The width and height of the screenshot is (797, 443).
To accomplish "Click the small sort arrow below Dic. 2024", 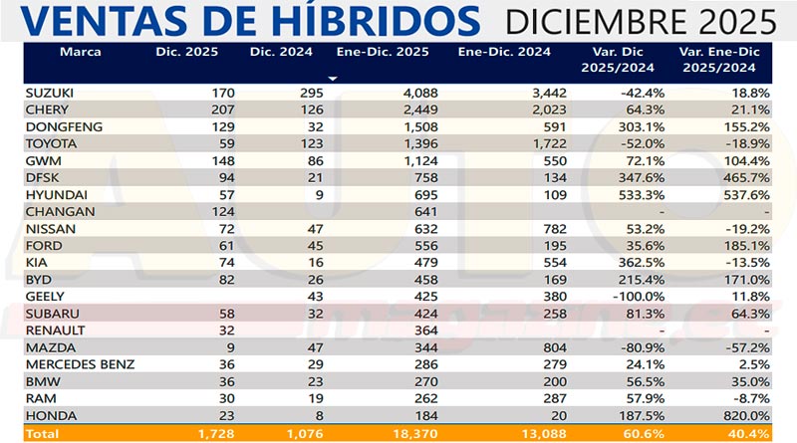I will tap(334, 77).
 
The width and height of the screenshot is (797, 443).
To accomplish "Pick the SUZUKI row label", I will tap(49, 92).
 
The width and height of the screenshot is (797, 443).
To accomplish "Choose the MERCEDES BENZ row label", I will tap(80, 364).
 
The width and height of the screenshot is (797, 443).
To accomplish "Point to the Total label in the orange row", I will tap(44, 434).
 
